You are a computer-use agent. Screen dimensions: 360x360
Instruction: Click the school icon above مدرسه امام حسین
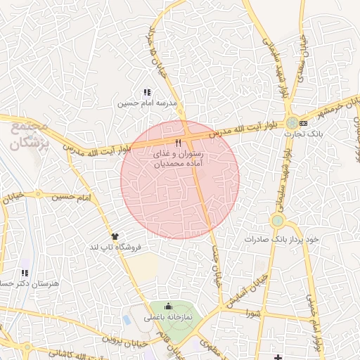pyautogui.click(x=147, y=92)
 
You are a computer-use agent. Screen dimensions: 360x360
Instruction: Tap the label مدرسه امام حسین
pyautogui.click(x=146, y=103)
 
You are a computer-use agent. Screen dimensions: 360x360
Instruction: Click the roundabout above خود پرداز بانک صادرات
pyautogui.click(x=278, y=221)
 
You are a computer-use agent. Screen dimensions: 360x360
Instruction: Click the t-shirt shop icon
pyautogui.click(x=115, y=236)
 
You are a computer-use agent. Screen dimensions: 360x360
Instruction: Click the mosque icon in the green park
pyautogui.click(x=168, y=307)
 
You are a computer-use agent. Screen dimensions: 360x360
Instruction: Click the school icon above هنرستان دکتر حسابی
pyautogui.click(x=25, y=273)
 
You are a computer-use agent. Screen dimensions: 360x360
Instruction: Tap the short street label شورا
pyautogui.click(x=252, y=314)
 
